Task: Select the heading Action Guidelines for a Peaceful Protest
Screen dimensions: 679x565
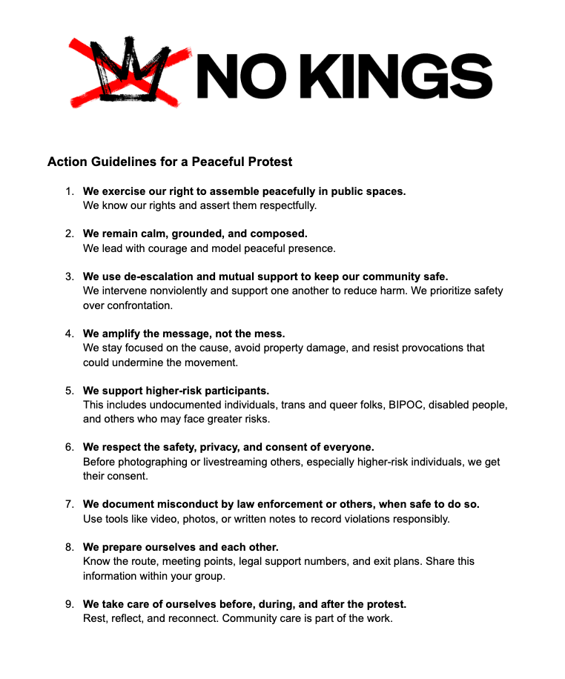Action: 170,162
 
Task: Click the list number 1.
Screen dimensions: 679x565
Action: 69,191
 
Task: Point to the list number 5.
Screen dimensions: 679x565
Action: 69,390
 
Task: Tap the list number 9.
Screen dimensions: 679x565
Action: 69,603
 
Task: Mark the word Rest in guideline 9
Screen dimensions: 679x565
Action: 94,618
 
